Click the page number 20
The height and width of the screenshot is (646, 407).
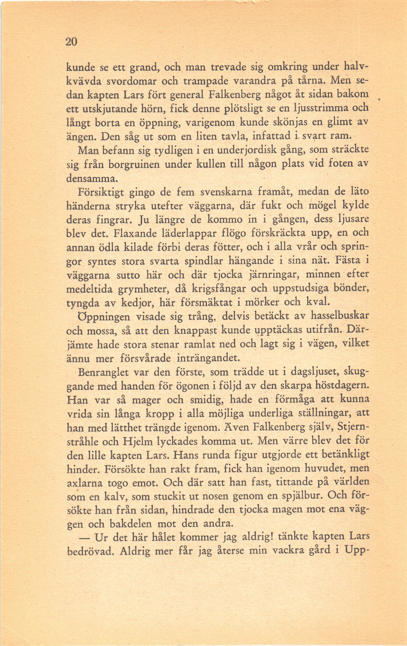click(x=71, y=42)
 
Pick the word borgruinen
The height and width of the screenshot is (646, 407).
click(x=134, y=164)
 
